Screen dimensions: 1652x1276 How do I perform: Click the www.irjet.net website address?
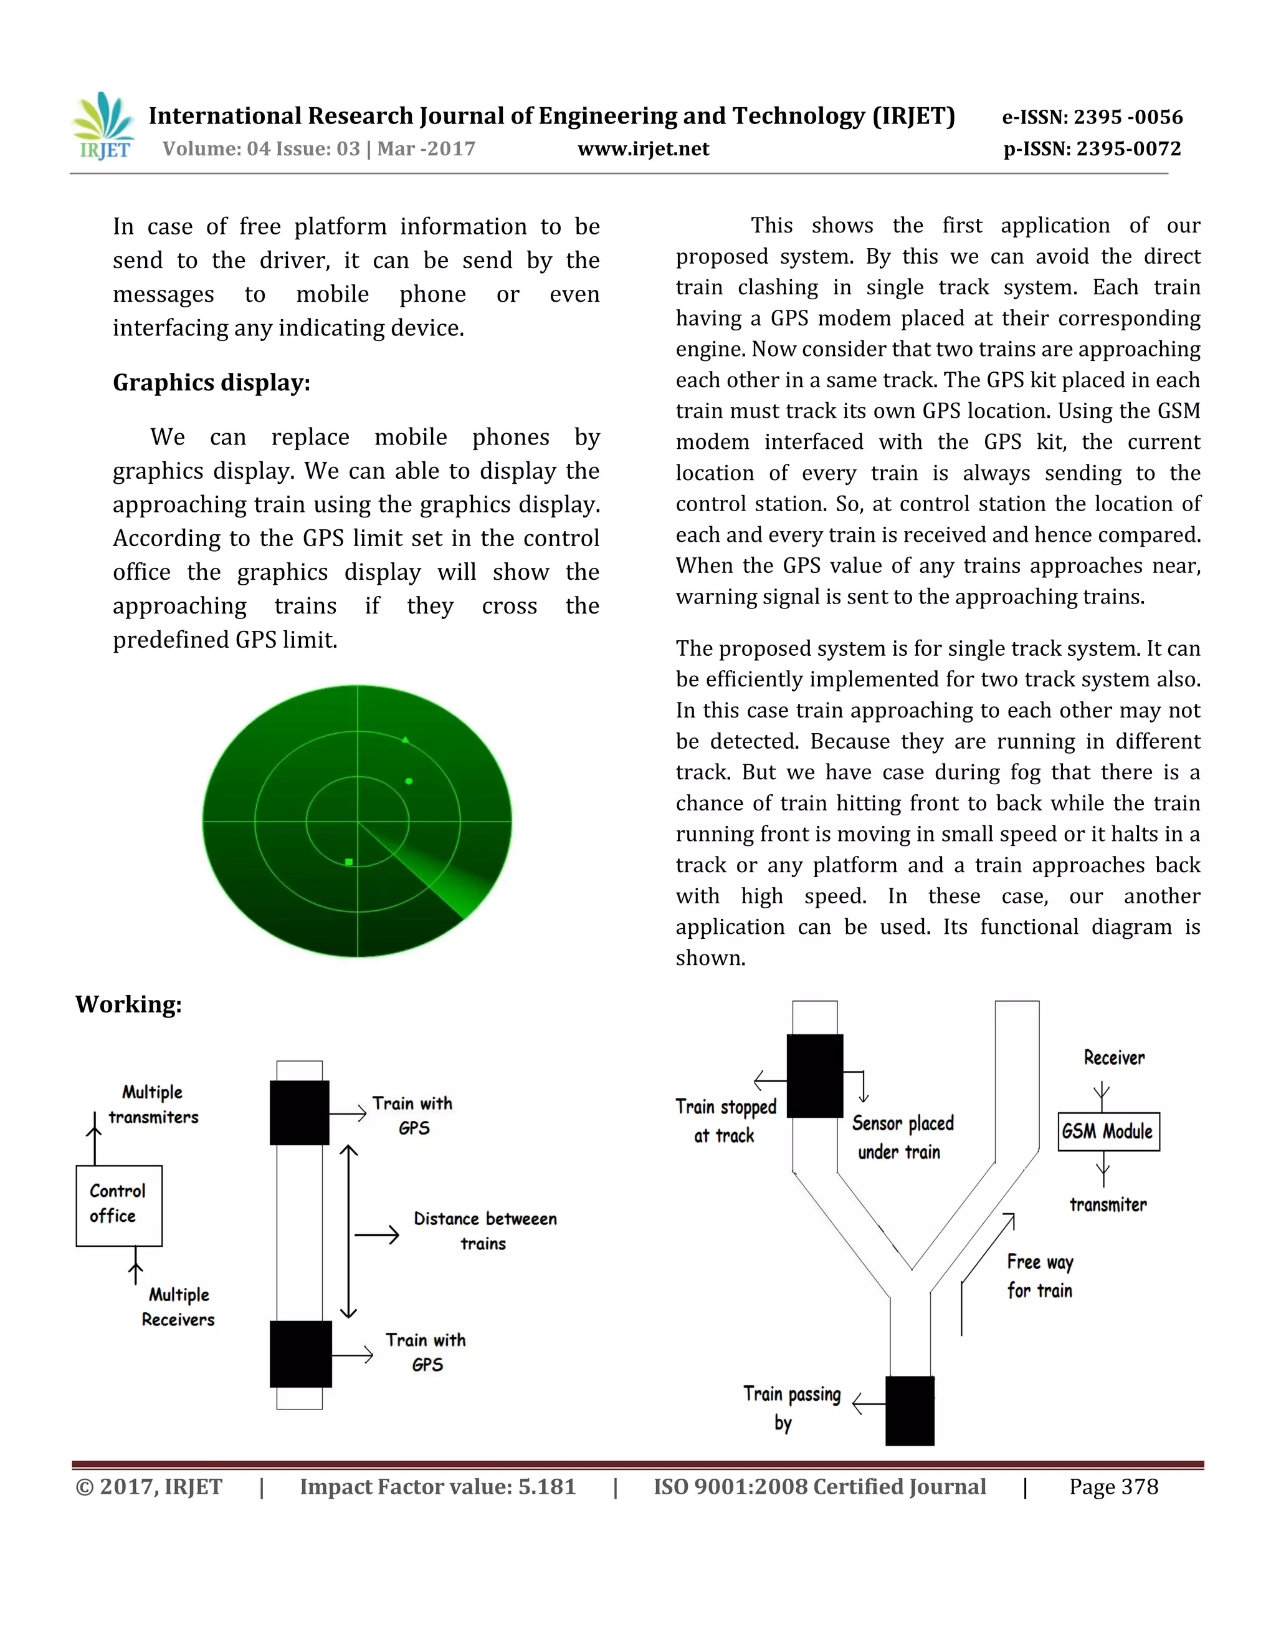[x=643, y=149]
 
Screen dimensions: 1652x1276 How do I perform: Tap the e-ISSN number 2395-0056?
[x=1092, y=117]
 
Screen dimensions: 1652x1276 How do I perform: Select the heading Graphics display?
[x=212, y=383]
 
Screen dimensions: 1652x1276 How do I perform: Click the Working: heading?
[x=128, y=1004]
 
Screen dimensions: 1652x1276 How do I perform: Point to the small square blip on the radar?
[x=348, y=862]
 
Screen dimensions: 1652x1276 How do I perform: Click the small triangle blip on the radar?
[x=406, y=739]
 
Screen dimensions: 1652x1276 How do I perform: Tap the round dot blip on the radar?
[x=409, y=780]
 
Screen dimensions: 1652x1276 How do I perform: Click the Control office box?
[x=118, y=1205]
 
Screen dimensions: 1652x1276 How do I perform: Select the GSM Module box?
[x=1108, y=1131]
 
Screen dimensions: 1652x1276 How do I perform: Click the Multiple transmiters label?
[x=153, y=1105]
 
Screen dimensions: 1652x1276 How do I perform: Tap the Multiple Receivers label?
[x=178, y=1307]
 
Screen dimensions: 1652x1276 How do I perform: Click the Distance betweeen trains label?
[x=485, y=1231]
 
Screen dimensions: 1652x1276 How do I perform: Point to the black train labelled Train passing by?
[x=910, y=1410]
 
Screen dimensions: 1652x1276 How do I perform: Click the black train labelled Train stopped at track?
[x=814, y=1075]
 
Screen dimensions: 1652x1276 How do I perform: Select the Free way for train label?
[x=1040, y=1276]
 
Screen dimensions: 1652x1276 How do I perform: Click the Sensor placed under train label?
[x=903, y=1137]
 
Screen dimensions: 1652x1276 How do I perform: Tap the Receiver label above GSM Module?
[x=1113, y=1057]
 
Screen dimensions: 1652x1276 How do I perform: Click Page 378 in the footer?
[x=1113, y=1486]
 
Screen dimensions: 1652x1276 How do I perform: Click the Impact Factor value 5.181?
[x=437, y=1486]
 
